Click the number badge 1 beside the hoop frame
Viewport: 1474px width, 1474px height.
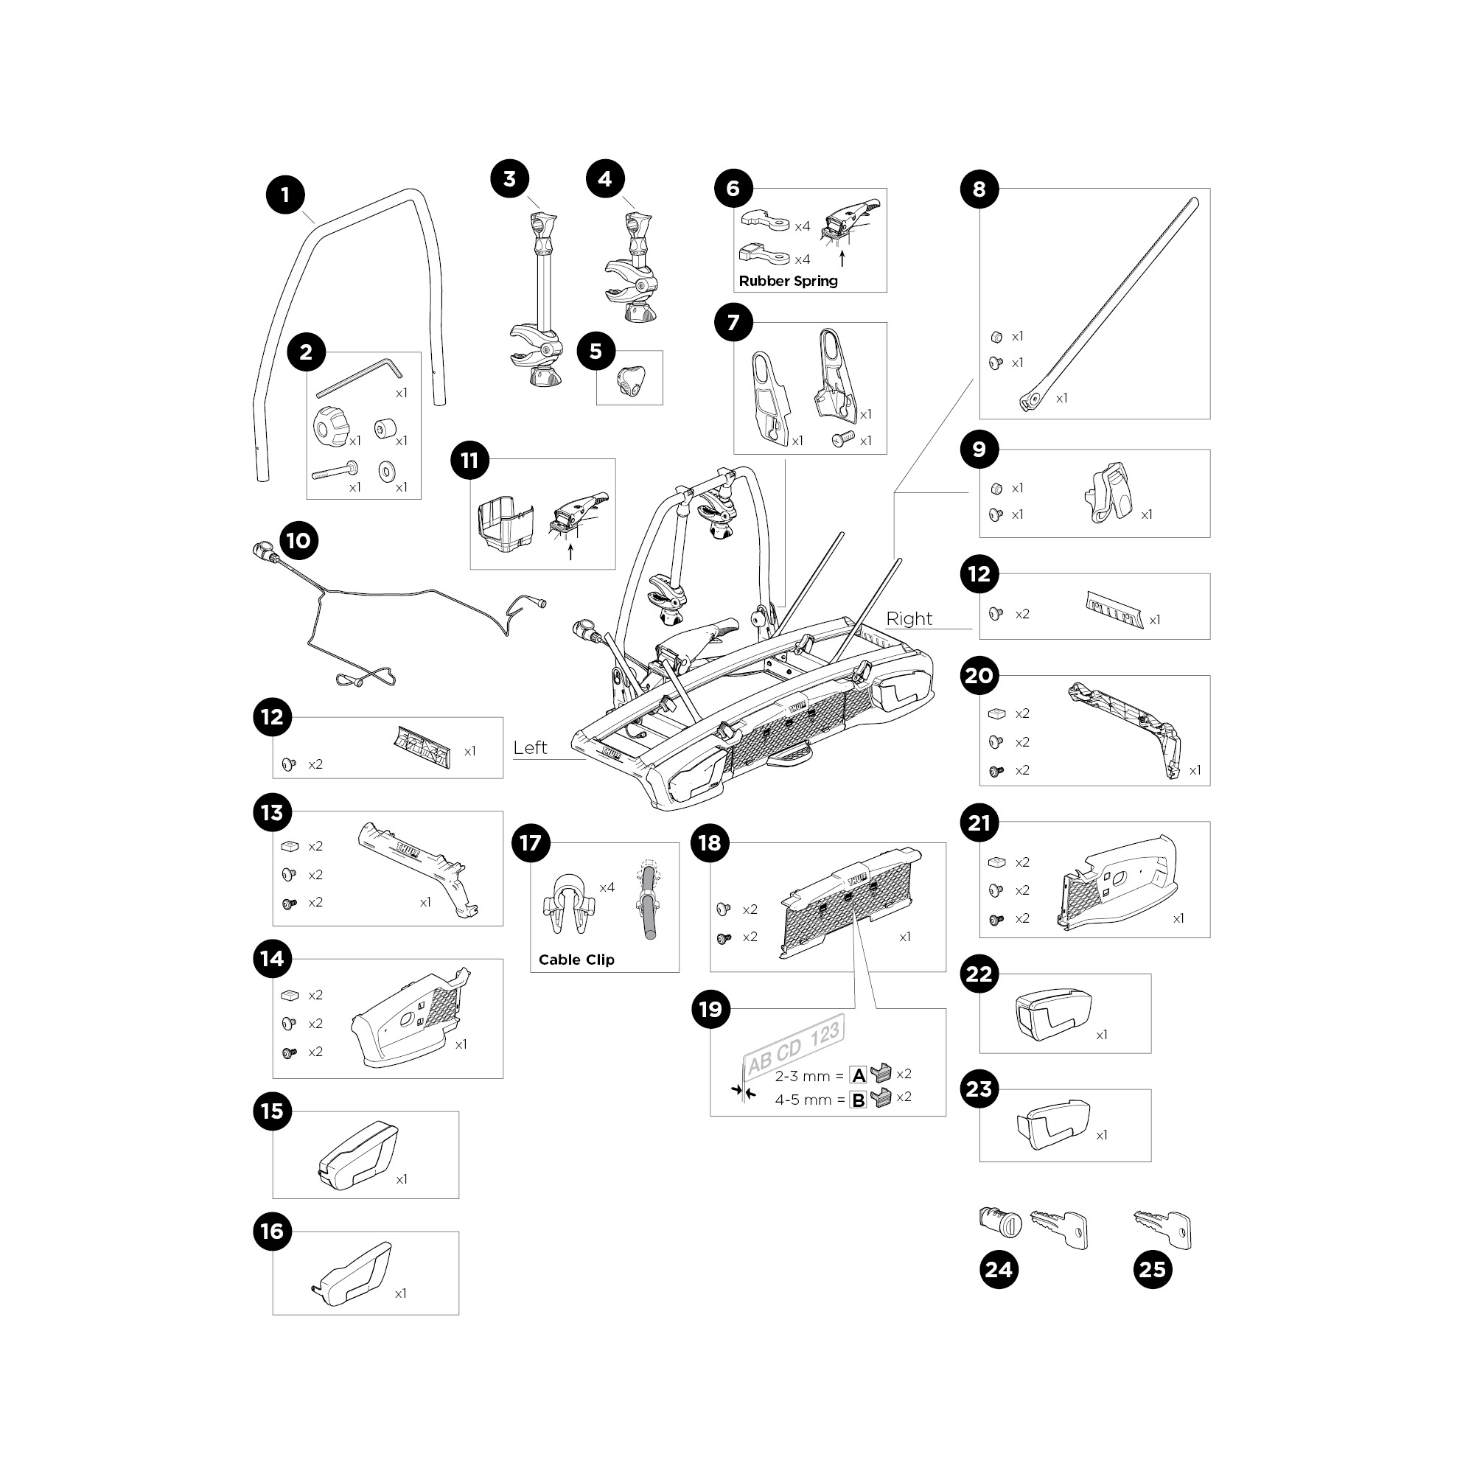click(x=285, y=195)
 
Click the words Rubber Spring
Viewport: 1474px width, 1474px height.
click(x=788, y=282)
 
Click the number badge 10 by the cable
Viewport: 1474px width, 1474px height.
click(x=298, y=541)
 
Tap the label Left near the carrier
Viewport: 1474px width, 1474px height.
click(x=529, y=747)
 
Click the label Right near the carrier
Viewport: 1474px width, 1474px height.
click(x=909, y=619)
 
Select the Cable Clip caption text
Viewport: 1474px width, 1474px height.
click(x=576, y=960)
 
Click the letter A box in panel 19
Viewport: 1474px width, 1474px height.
click(x=859, y=1076)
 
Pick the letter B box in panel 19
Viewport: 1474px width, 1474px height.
click(x=859, y=1100)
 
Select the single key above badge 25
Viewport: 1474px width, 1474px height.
click(x=1163, y=1228)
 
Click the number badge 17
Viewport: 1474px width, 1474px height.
click(x=530, y=843)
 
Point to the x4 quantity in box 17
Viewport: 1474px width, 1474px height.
click(x=607, y=887)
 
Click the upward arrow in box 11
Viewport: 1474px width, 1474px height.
click(x=570, y=551)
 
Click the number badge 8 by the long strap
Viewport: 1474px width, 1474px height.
click(x=979, y=189)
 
